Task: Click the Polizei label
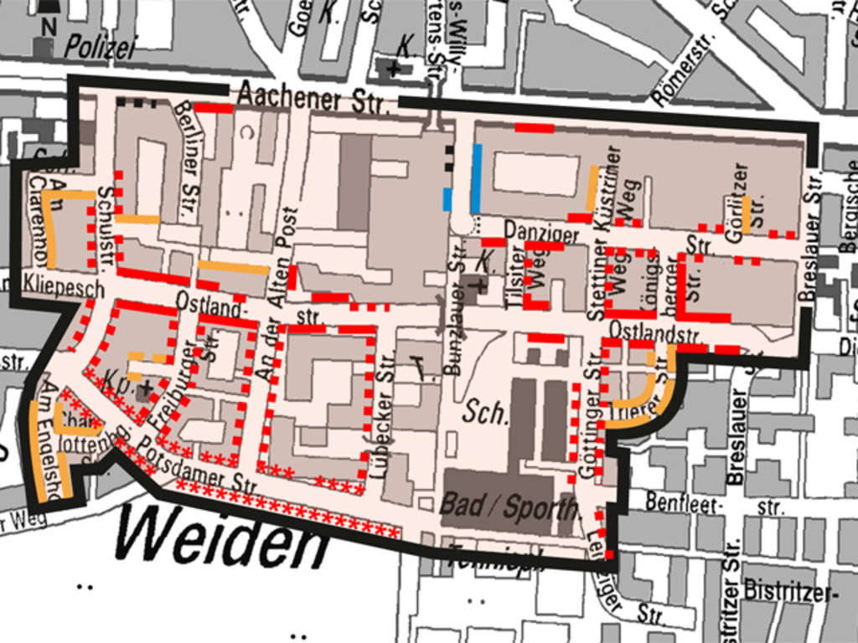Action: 100,48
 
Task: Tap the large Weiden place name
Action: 220,538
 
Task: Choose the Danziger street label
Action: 540,232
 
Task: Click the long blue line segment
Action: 476,178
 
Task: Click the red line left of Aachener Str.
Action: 213,108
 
